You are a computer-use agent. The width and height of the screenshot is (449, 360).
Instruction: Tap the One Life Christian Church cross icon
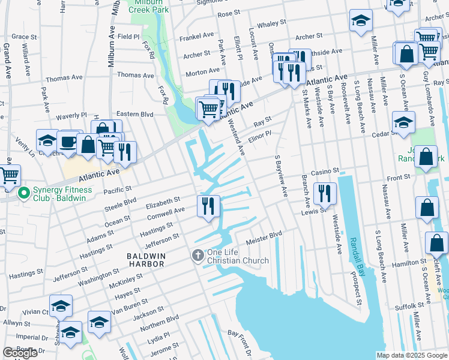[x=197, y=256]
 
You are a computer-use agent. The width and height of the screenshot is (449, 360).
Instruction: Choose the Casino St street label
[x=325, y=171]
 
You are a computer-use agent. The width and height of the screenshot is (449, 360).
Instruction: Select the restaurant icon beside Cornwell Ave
[x=208, y=206]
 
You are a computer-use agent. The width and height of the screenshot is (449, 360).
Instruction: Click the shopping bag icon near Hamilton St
[x=436, y=243]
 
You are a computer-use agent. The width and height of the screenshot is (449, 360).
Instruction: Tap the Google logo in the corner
[x=20, y=353]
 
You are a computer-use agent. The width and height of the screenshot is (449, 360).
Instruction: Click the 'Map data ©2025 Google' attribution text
[x=411, y=355]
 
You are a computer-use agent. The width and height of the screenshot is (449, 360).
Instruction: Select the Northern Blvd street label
[x=164, y=321]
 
